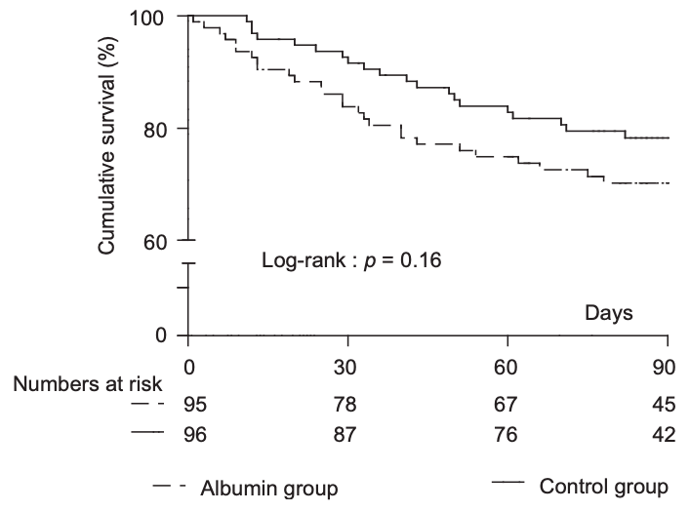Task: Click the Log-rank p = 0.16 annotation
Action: [x=351, y=261]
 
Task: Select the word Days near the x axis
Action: [x=610, y=313]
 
